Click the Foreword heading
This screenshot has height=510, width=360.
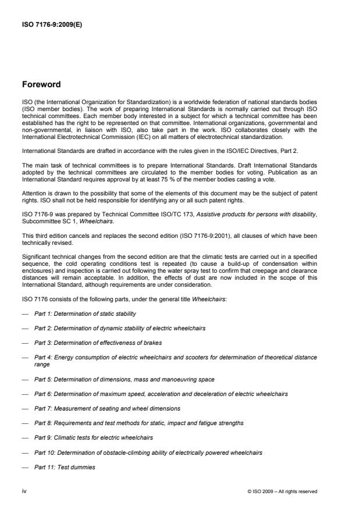41,84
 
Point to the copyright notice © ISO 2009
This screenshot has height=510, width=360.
282,491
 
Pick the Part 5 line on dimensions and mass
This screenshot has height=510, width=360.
124,379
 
